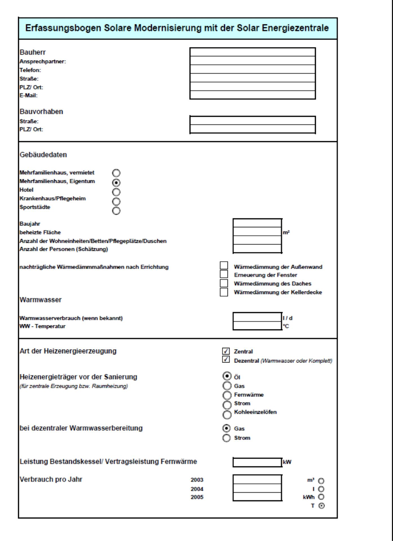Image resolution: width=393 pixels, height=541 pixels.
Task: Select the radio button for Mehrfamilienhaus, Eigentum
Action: (116, 183)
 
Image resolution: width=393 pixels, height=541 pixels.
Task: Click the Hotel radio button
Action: (116, 192)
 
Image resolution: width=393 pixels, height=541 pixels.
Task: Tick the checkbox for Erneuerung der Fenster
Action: (224, 274)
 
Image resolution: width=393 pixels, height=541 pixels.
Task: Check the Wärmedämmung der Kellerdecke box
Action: (224, 292)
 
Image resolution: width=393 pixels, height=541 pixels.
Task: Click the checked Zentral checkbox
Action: (226, 351)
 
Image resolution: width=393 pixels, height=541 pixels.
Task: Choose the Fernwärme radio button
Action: (227, 395)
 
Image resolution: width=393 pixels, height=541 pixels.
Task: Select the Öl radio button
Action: (227, 376)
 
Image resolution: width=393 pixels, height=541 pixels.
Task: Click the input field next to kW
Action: (257, 462)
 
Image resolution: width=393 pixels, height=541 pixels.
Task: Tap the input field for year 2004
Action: (257, 488)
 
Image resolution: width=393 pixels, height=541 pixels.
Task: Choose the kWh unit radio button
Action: (321, 497)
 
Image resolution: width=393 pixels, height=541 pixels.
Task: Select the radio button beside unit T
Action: (321, 506)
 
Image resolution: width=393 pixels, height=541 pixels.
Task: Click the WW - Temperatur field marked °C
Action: (257, 326)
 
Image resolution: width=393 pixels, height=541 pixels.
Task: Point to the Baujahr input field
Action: (257, 223)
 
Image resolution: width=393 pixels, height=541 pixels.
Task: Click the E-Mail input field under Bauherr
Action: (252, 95)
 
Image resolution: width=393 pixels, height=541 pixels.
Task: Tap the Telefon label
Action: (30, 70)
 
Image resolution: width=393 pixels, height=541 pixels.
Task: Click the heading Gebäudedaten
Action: (43, 155)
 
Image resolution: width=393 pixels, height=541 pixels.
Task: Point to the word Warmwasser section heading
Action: (41, 300)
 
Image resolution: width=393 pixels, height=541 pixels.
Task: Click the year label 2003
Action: (197, 480)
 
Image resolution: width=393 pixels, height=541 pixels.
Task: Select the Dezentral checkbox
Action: (226, 360)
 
